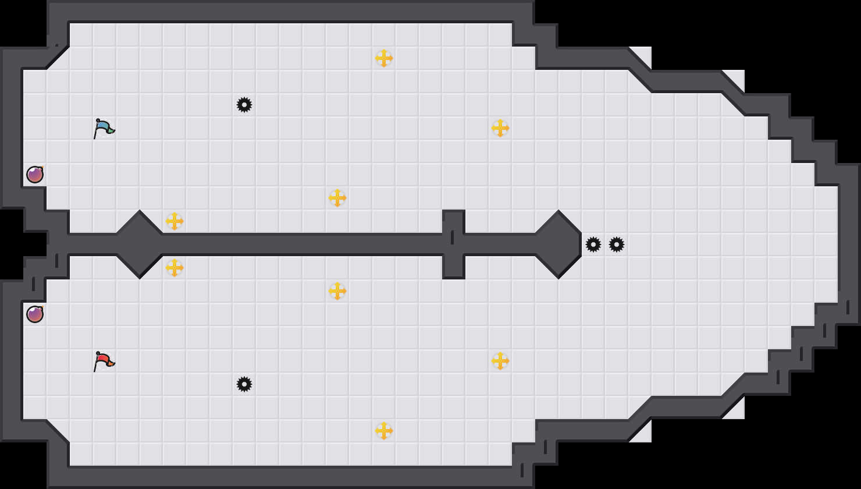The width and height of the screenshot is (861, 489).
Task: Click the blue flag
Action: point(104,128)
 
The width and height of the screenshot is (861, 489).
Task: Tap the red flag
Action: point(104,361)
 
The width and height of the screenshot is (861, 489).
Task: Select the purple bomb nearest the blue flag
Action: point(35,174)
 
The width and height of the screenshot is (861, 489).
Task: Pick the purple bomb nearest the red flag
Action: point(35,314)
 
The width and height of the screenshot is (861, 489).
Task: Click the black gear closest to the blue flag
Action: point(244,105)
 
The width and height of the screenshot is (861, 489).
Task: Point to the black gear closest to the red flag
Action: point(244,384)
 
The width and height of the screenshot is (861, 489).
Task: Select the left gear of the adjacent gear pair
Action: point(593,245)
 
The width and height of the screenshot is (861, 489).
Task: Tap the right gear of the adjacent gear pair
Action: point(617,245)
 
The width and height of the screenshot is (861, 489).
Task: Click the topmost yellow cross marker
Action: point(384,58)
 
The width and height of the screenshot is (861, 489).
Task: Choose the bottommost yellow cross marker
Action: point(384,431)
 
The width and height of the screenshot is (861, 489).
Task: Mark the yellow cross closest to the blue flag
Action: point(175,221)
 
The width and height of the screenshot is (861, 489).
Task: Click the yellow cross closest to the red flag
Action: point(175,268)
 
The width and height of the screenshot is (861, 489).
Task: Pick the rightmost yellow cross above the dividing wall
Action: point(500,128)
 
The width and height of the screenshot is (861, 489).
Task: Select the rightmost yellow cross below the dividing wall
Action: point(500,361)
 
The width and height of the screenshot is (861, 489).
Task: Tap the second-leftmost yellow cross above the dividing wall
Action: point(337,198)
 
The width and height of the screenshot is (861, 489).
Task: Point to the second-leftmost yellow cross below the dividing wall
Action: point(337,291)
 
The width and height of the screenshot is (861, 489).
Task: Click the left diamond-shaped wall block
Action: point(140,245)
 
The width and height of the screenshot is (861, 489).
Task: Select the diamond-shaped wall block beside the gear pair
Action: point(558,245)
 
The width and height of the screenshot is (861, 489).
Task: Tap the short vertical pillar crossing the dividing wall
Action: point(454,245)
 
